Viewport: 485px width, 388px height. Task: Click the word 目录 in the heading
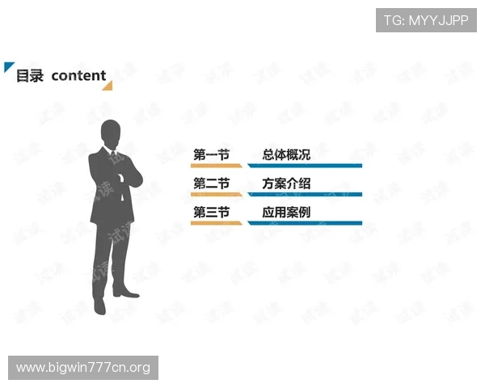(31, 76)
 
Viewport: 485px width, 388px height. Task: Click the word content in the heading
(78, 76)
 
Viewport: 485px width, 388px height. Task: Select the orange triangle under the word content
(108, 85)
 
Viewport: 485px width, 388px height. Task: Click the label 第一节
(211, 154)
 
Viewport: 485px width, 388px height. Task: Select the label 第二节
(211, 183)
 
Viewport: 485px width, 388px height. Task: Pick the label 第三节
(211, 213)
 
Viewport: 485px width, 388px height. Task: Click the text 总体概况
(286, 154)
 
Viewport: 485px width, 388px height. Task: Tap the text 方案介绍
(286, 183)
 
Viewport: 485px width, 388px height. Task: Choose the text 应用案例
(286, 213)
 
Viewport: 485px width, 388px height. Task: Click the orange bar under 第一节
(215, 166)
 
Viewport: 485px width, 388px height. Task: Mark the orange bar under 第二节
(215, 195)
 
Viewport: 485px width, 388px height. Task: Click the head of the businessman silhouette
(111, 133)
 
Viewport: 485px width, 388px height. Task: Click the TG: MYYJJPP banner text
(426, 20)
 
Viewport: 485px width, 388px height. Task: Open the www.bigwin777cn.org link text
(83, 368)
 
